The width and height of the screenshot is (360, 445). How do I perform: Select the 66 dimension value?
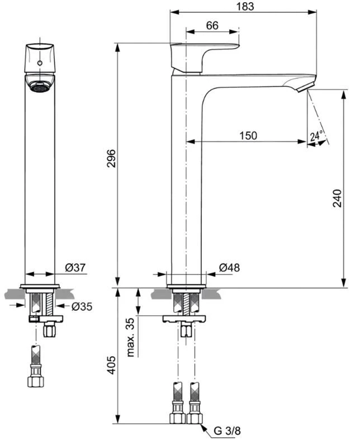[212, 25]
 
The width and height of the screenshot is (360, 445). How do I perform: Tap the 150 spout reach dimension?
[248, 135]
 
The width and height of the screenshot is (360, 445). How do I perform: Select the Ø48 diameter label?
[229, 268]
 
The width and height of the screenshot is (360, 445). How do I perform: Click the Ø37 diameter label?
[75, 268]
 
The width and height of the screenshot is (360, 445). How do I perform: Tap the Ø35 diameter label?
[82, 306]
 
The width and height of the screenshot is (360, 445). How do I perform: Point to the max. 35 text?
[131, 338]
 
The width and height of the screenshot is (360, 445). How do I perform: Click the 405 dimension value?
[111, 366]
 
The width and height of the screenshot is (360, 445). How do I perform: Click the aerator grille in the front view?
[40, 87]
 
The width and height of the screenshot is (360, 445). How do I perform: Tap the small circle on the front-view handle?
[40, 63]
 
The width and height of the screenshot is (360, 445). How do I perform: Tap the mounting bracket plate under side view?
[185, 319]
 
